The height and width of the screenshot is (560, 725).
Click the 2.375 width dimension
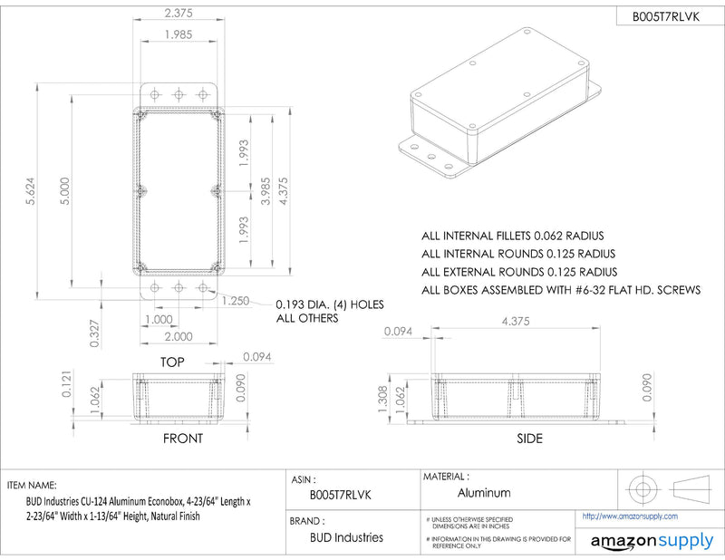pyautogui.click(x=179, y=13)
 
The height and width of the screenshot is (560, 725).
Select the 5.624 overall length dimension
pyautogui.click(x=31, y=191)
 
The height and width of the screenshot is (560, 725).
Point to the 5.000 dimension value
pyautogui.click(x=65, y=191)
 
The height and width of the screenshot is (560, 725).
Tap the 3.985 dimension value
pyautogui.click(x=266, y=191)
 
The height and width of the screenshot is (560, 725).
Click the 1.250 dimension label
pyautogui.click(x=236, y=301)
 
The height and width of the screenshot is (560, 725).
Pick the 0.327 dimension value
pyautogui.click(x=94, y=333)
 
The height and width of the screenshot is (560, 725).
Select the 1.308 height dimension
pyautogui.click(x=383, y=400)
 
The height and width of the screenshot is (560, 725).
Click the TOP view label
pyautogui.click(x=172, y=362)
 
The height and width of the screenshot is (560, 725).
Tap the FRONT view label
pyautogui.click(x=183, y=439)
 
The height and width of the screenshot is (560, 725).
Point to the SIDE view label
pyautogui.click(x=530, y=439)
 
